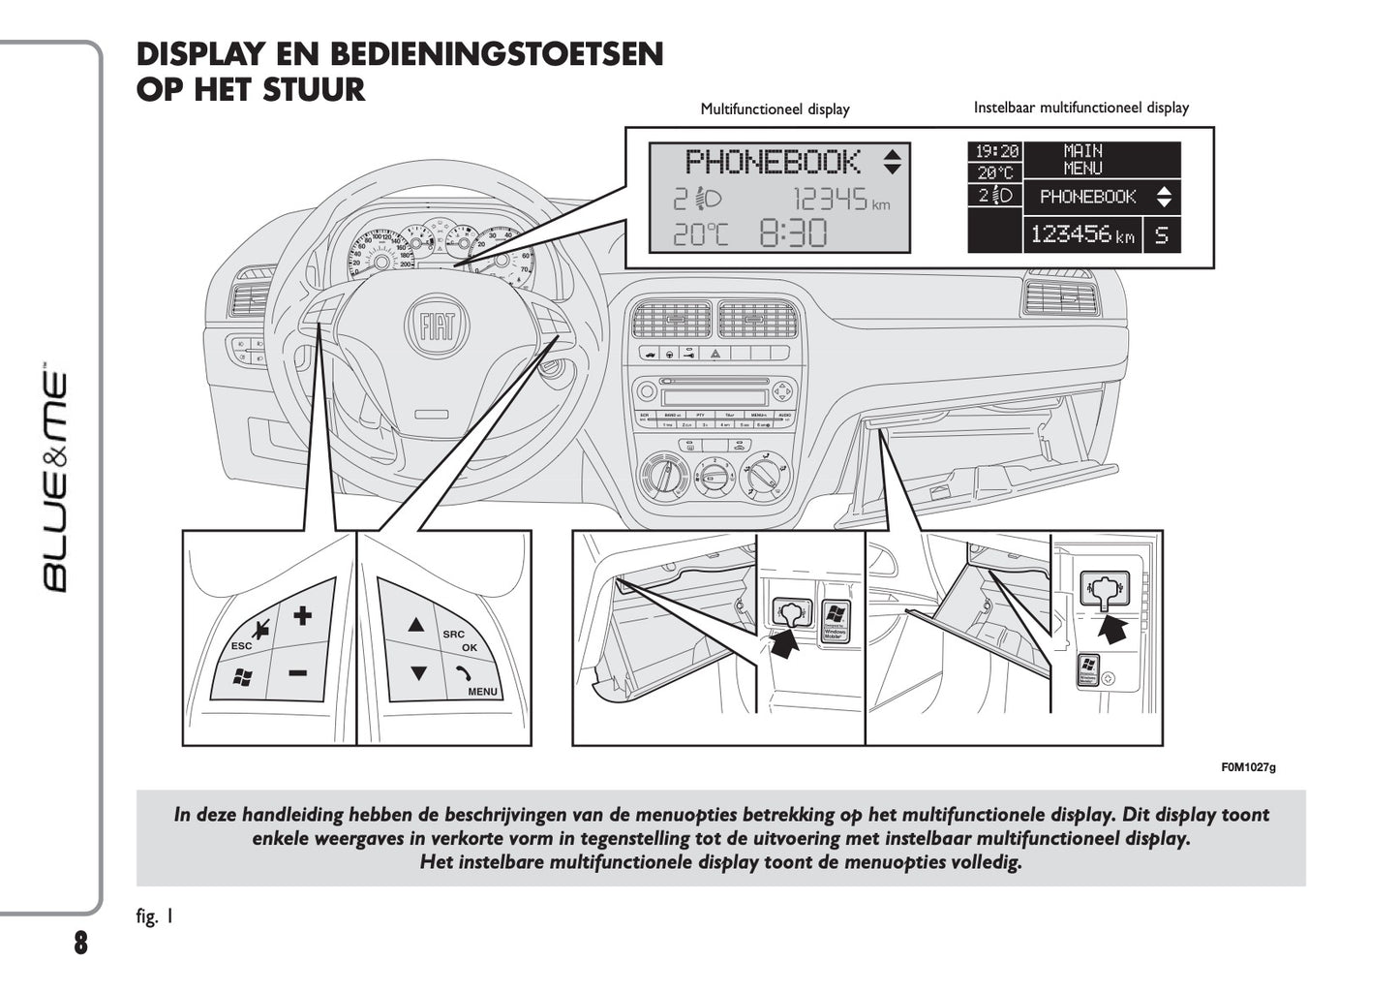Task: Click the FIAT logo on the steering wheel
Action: click(437, 326)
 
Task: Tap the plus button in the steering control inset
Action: click(303, 614)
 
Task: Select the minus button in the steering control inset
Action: click(297, 671)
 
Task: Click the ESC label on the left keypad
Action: click(241, 646)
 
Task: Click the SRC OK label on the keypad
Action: click(462, 640)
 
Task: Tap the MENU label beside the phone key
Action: click(482, 692)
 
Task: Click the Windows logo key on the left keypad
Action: click(242, 677)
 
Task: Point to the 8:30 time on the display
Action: click(793, 233)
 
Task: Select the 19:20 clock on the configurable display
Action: click(996, 152)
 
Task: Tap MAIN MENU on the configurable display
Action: click(1082, 159)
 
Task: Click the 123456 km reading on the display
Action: click(1081, 234)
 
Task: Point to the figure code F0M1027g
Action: click(1248, 767)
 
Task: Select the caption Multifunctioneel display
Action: click(775, 109)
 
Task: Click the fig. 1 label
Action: click(155, 915)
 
